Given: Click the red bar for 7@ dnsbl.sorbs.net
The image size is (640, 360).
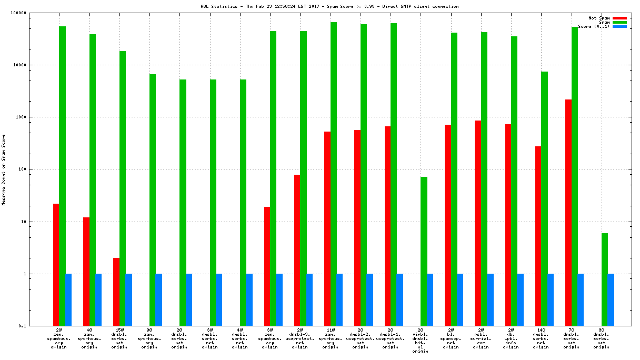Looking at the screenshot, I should coord(568,213).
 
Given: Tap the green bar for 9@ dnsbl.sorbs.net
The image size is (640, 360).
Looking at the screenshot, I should coord(605,279).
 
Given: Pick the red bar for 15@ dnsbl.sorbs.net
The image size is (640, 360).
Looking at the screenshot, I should coord(116,292).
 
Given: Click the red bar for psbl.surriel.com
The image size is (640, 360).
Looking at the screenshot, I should coord(478,223).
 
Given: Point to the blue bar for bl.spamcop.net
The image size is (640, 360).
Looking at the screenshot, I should coord(460,299).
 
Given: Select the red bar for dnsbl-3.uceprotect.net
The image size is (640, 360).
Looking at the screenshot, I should coord(297,250).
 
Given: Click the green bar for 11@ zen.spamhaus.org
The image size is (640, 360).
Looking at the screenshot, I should coord(334,174).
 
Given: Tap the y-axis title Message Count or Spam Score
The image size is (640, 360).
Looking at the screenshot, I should coord(4,169).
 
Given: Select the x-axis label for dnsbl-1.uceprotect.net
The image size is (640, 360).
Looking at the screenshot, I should coord(390,339).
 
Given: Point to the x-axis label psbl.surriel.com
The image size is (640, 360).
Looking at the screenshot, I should coord(481,339).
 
